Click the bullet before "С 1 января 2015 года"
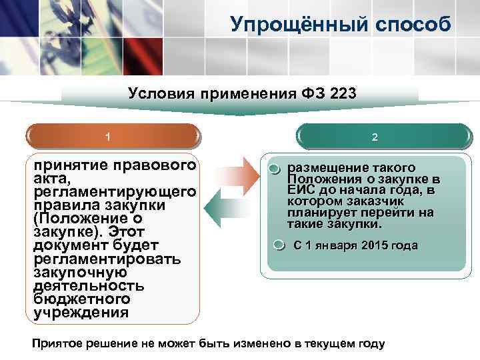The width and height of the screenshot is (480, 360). tap(281, 246)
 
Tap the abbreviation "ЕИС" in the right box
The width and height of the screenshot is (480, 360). tap(300, 190)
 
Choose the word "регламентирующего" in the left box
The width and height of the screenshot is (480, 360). tap(115, 192)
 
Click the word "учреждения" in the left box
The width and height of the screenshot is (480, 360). tap(81, 312)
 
